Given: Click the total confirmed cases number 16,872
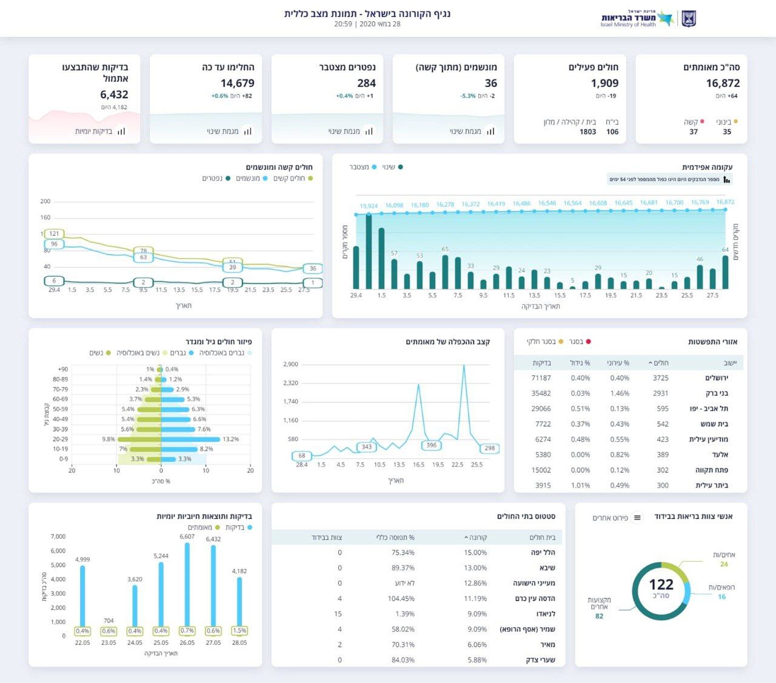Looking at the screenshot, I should click(x=723, y=83).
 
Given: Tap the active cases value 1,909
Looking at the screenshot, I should click(x=604, y=83).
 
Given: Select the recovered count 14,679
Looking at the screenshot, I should click(x=237, y=83).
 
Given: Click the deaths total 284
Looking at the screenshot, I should click(x=366, y=83).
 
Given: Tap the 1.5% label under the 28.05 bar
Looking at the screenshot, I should click(x=239, y=631).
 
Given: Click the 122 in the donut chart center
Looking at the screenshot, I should click(x=661, y=584).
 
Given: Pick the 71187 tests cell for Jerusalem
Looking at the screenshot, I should click(x=541, y=378).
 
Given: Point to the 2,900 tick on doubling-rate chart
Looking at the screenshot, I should click(x=290, y=364).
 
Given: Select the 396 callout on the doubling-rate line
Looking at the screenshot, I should click(x=431, y=445).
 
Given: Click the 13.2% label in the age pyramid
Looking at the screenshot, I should click(x=230, y=439).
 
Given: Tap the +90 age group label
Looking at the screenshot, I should click(x=62, y=369).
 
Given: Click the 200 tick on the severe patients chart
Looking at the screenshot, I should click(x=45, y=201).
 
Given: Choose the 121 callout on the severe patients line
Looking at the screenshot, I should click(x=55, y=234).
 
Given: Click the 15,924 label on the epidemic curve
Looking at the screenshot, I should click(x=369, y=206).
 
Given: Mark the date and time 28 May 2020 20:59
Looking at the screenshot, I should click(x=367, y=24).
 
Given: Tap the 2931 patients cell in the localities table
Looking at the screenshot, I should click(x=660, y=393).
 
